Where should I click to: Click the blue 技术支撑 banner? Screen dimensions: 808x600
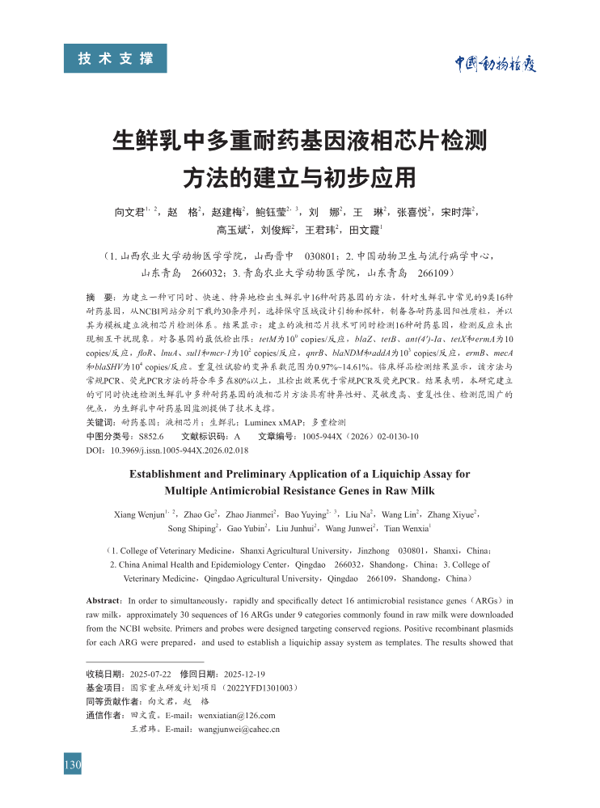116,58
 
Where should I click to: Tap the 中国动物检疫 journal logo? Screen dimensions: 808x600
494,64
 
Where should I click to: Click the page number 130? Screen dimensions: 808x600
73,765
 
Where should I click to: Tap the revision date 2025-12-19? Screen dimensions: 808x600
245,674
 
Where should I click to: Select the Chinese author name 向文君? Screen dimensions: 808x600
129,212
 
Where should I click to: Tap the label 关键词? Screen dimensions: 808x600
100,423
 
